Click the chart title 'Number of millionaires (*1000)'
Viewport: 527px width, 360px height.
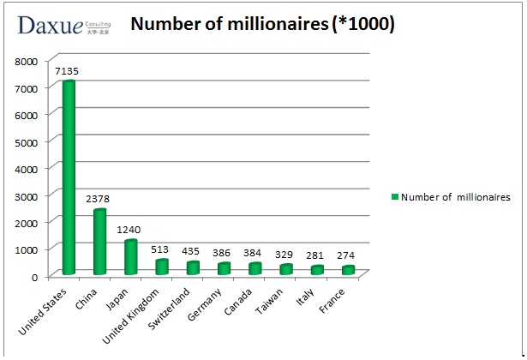262,25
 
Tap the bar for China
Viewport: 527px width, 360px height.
99,242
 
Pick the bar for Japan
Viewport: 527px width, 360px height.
130,257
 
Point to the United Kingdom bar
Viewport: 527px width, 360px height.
162,267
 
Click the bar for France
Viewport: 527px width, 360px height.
348,269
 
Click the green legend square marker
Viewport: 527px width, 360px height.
396,196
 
